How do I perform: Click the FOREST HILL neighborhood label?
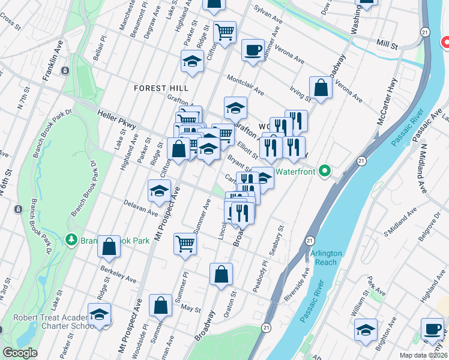click(x=158, y=88)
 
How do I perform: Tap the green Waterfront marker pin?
click(x=325, y=171)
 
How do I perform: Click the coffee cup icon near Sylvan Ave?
click(x=253, y=49)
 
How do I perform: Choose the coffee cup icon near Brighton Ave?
click(x=432, y=328)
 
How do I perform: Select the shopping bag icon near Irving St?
click(x=321, y=88)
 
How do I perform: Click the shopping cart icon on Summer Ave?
click(x=185, y=244)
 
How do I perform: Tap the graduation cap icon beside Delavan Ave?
click(x=159, y=191)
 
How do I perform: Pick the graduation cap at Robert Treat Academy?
click(x=100, y=314)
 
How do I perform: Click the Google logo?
click(x=20, y=353)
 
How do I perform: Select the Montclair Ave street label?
click(x=245, y=85)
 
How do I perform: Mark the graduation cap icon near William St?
click(x=366, y=330)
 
